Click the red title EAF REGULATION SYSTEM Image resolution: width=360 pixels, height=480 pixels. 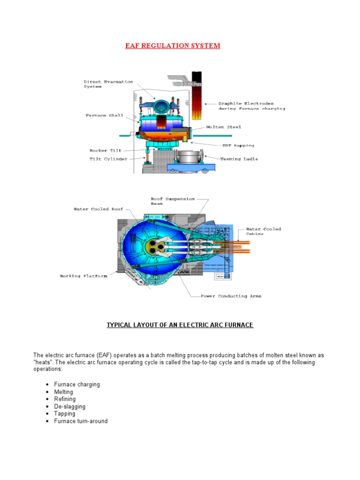[172, 45]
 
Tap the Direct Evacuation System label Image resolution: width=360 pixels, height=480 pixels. [108, 84]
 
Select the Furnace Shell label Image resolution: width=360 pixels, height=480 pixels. [104, 115]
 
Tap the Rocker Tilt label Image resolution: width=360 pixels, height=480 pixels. [105, 150]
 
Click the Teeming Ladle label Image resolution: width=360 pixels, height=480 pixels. [239, 159]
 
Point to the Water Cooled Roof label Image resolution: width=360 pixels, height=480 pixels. [97, 209]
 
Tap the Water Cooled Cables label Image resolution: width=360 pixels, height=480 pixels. [263, 231]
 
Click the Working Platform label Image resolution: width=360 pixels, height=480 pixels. [83, 276]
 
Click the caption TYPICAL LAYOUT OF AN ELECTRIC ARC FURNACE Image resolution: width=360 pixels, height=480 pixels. [180, 325]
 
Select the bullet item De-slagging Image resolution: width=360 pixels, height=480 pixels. [70, 406]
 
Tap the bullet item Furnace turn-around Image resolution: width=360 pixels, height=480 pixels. [81, 421]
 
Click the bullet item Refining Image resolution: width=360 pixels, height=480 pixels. [65, 399]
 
